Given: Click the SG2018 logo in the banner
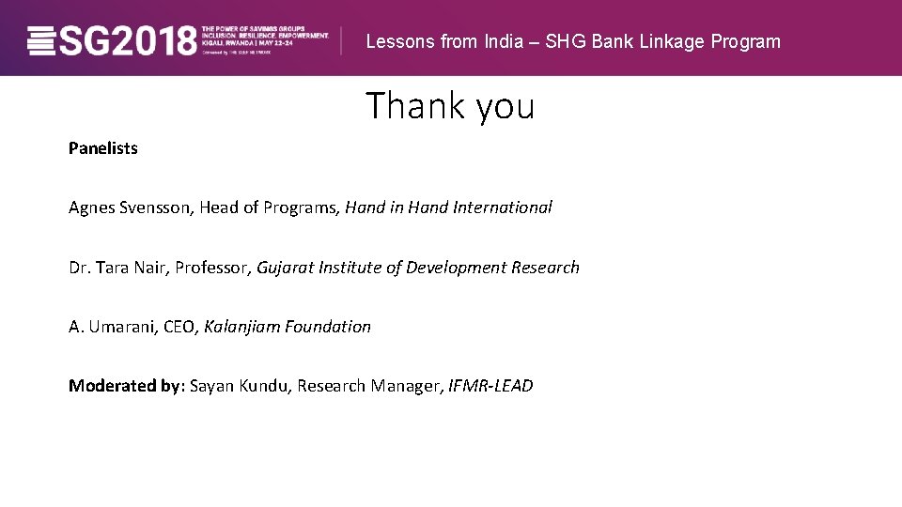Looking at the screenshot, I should [113, 40].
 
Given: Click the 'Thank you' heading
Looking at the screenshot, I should [450, 106].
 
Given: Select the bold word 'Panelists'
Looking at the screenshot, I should [103, 148].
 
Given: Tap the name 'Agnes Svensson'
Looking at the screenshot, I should [131, 207].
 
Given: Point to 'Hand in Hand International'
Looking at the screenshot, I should [448, 207].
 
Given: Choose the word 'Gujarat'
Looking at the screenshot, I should [285, 268].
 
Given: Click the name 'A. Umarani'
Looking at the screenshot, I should [112, 327].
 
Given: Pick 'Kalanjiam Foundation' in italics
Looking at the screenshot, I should [288, 327].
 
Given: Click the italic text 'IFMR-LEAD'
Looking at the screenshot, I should [490, 386].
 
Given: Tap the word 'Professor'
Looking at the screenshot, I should [212, 268].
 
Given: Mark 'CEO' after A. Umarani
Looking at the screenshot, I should [179, 327].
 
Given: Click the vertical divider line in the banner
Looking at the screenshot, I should [340, 39].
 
